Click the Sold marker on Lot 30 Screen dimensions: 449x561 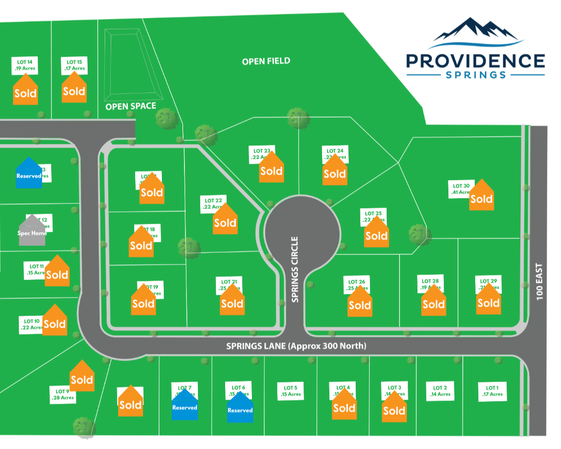pyautogui.click(x=481, y=196)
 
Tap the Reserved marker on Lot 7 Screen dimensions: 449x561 pyautogui.click(x=185, y=405)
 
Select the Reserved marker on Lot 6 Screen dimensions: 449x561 pyautogui.click(x=240, y=407)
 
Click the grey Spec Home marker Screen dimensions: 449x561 pyautogui.click(x=32, y=230)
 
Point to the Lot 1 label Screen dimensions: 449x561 pyautogui.click(x=492, y=391)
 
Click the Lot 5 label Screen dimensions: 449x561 pyautogui.click(x=291, y=391)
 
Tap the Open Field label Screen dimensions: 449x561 pyautogui.click(x=266, y=61)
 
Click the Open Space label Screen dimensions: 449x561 pyautogui.click(x=131, y=107)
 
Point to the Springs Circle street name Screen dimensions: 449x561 pyautogui.click(x=295, y=269)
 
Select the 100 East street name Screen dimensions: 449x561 pyautogui.click(x=540, y=281)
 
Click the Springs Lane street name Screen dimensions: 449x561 pyautogui.click(x=296, y=346)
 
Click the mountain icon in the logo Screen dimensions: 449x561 pyautogui.click(x=475, y=31)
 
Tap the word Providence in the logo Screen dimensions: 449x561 pyautogui.click(x=475, y=60)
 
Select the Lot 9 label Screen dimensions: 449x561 pyautogui.click(x=63, y=394)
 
